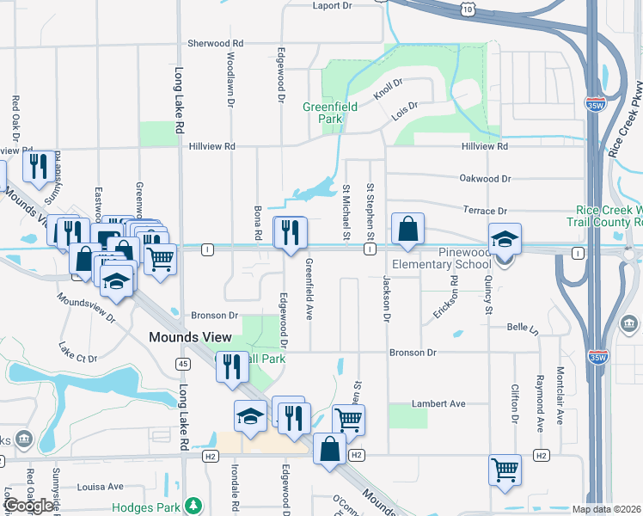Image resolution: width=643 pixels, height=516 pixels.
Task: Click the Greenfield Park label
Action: coord(323,113)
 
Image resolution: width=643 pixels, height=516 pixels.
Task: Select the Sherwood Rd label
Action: coord(216,43)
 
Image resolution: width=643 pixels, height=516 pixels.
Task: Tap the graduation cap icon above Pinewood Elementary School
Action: coord(505,240)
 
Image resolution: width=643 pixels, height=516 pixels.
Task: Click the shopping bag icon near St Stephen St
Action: coord(408,230)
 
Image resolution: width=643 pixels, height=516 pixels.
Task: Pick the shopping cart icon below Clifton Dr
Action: coord(505,470)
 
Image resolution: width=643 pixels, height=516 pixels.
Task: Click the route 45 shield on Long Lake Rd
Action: coord(183,364)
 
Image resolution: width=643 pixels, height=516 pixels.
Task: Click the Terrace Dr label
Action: coord(485,211)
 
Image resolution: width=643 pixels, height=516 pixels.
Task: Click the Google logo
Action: coord(28,505)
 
